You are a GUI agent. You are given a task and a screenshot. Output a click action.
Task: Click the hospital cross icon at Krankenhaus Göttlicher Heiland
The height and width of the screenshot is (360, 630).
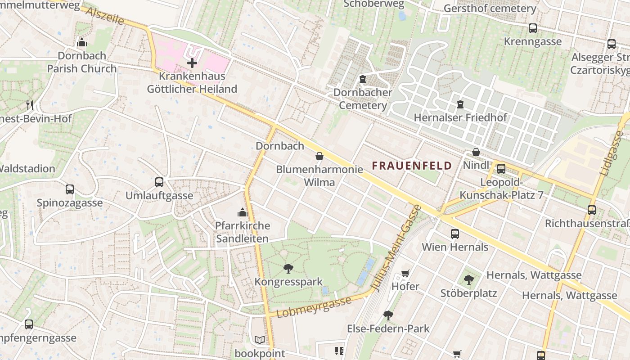click(192, 63)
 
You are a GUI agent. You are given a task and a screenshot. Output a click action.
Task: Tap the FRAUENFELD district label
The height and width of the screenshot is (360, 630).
click(412, 166)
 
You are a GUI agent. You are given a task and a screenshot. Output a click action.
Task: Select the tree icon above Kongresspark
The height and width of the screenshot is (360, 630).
click(288, 269)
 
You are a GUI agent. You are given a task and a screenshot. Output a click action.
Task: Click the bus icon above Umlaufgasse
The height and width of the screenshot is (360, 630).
click(159, 182)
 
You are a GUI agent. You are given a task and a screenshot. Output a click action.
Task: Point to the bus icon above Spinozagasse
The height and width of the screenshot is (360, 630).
click(70, 189)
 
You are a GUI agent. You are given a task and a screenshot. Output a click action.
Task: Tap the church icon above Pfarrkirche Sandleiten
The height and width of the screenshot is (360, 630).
click(243, 212)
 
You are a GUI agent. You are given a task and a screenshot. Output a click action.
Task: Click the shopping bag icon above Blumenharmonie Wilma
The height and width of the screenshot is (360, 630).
click(319, 156)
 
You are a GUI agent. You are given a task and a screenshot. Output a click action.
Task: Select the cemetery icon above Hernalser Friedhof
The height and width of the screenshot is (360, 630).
click(460, 104)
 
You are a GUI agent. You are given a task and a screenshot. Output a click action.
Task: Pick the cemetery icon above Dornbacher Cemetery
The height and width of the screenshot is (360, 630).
click(363, 79)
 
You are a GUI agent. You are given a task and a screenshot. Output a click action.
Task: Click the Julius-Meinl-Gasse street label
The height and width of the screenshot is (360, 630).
click(396, 247)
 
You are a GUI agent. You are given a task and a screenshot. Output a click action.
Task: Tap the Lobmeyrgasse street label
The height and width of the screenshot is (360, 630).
click(314, 307)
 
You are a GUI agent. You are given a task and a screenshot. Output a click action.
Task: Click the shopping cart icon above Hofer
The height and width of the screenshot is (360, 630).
click(405, 273)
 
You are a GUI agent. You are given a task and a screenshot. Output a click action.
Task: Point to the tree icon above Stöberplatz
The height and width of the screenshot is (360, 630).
click(468, 280)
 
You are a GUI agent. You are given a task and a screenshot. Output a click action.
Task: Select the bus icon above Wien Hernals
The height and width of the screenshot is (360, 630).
click(455, 234)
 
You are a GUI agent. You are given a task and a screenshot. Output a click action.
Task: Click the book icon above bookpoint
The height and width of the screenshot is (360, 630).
click(260, 340)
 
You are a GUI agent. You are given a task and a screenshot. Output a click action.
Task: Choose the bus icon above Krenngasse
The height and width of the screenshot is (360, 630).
click(533, 28)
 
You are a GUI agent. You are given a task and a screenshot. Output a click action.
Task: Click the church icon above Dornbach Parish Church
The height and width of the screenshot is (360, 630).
click(82, 43)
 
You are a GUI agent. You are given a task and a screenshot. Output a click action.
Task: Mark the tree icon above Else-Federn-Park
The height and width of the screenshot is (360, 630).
click(388, 315)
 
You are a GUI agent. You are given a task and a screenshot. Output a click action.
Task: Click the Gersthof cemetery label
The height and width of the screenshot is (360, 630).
click(490, 9)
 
